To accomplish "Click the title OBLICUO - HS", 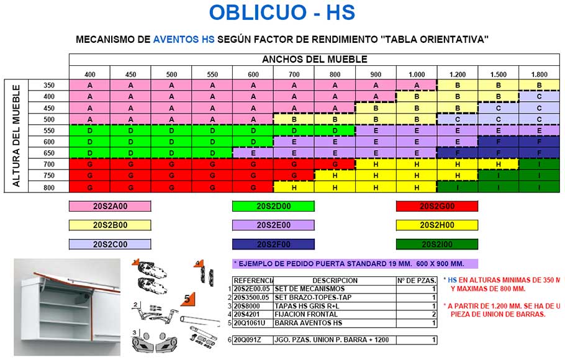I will click(x=282, y=12).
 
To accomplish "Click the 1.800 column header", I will click(x=539, y=74).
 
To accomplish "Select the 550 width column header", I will click(x=212, y=74).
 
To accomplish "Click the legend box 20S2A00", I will click(x=109, y=207).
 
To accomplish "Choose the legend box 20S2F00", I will click(x=273, y=244).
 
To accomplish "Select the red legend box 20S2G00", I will click(x=437, y=207).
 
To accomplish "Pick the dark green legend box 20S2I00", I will click(x=437, y=244).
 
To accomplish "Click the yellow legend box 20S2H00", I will click(x=437, y=225).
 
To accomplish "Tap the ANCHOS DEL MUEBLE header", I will click(x=314, y=60).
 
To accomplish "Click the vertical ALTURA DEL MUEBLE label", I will click(x=17, y=136).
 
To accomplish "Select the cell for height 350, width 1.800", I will click(x=539, y=85).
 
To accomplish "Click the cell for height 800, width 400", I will click(x=89, y=187).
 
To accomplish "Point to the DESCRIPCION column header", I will click(x=335, y=281).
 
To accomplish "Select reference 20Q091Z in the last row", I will click(x=249, y=340).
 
